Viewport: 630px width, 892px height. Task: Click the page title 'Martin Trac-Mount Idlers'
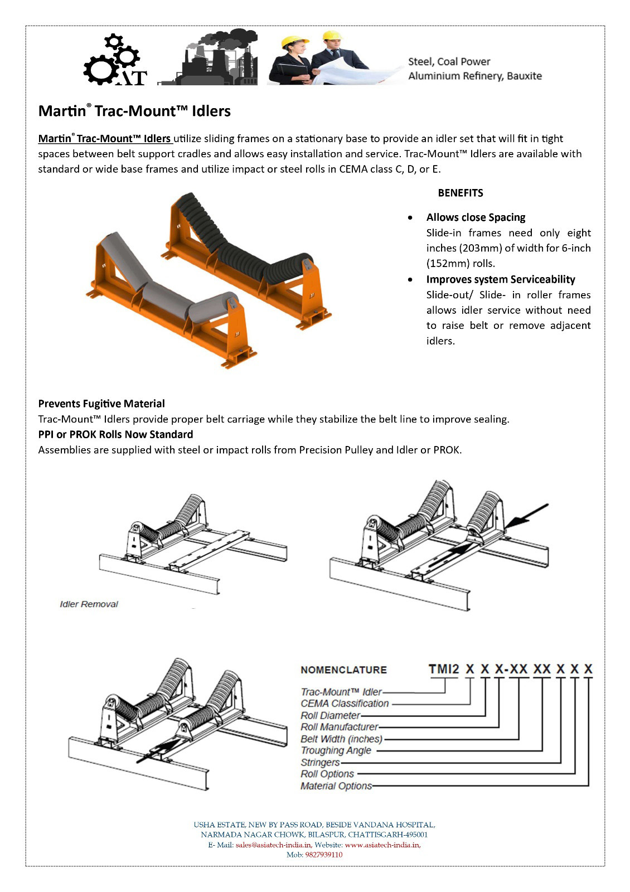134,111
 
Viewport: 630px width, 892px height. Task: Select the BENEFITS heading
461,193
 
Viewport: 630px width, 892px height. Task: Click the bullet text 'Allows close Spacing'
476,217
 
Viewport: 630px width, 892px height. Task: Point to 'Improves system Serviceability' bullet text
500,279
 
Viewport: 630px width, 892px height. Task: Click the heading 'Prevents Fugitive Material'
101,404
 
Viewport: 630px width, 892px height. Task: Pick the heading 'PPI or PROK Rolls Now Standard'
115,434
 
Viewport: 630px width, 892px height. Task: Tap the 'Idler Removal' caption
89,604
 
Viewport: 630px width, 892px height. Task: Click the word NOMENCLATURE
343,670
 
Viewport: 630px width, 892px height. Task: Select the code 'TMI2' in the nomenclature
444,668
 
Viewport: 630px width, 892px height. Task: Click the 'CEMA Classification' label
345,704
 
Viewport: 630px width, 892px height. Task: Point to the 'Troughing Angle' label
336,750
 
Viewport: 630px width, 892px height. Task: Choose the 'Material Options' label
336,786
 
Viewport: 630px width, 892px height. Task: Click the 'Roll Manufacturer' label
339,727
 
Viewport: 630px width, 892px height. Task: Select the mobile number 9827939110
324,855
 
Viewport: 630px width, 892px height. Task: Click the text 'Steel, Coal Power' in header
449,62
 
